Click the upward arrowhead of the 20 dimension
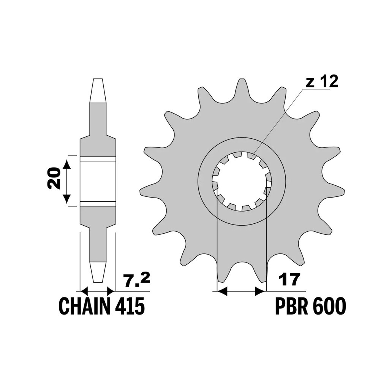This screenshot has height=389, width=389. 67,164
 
